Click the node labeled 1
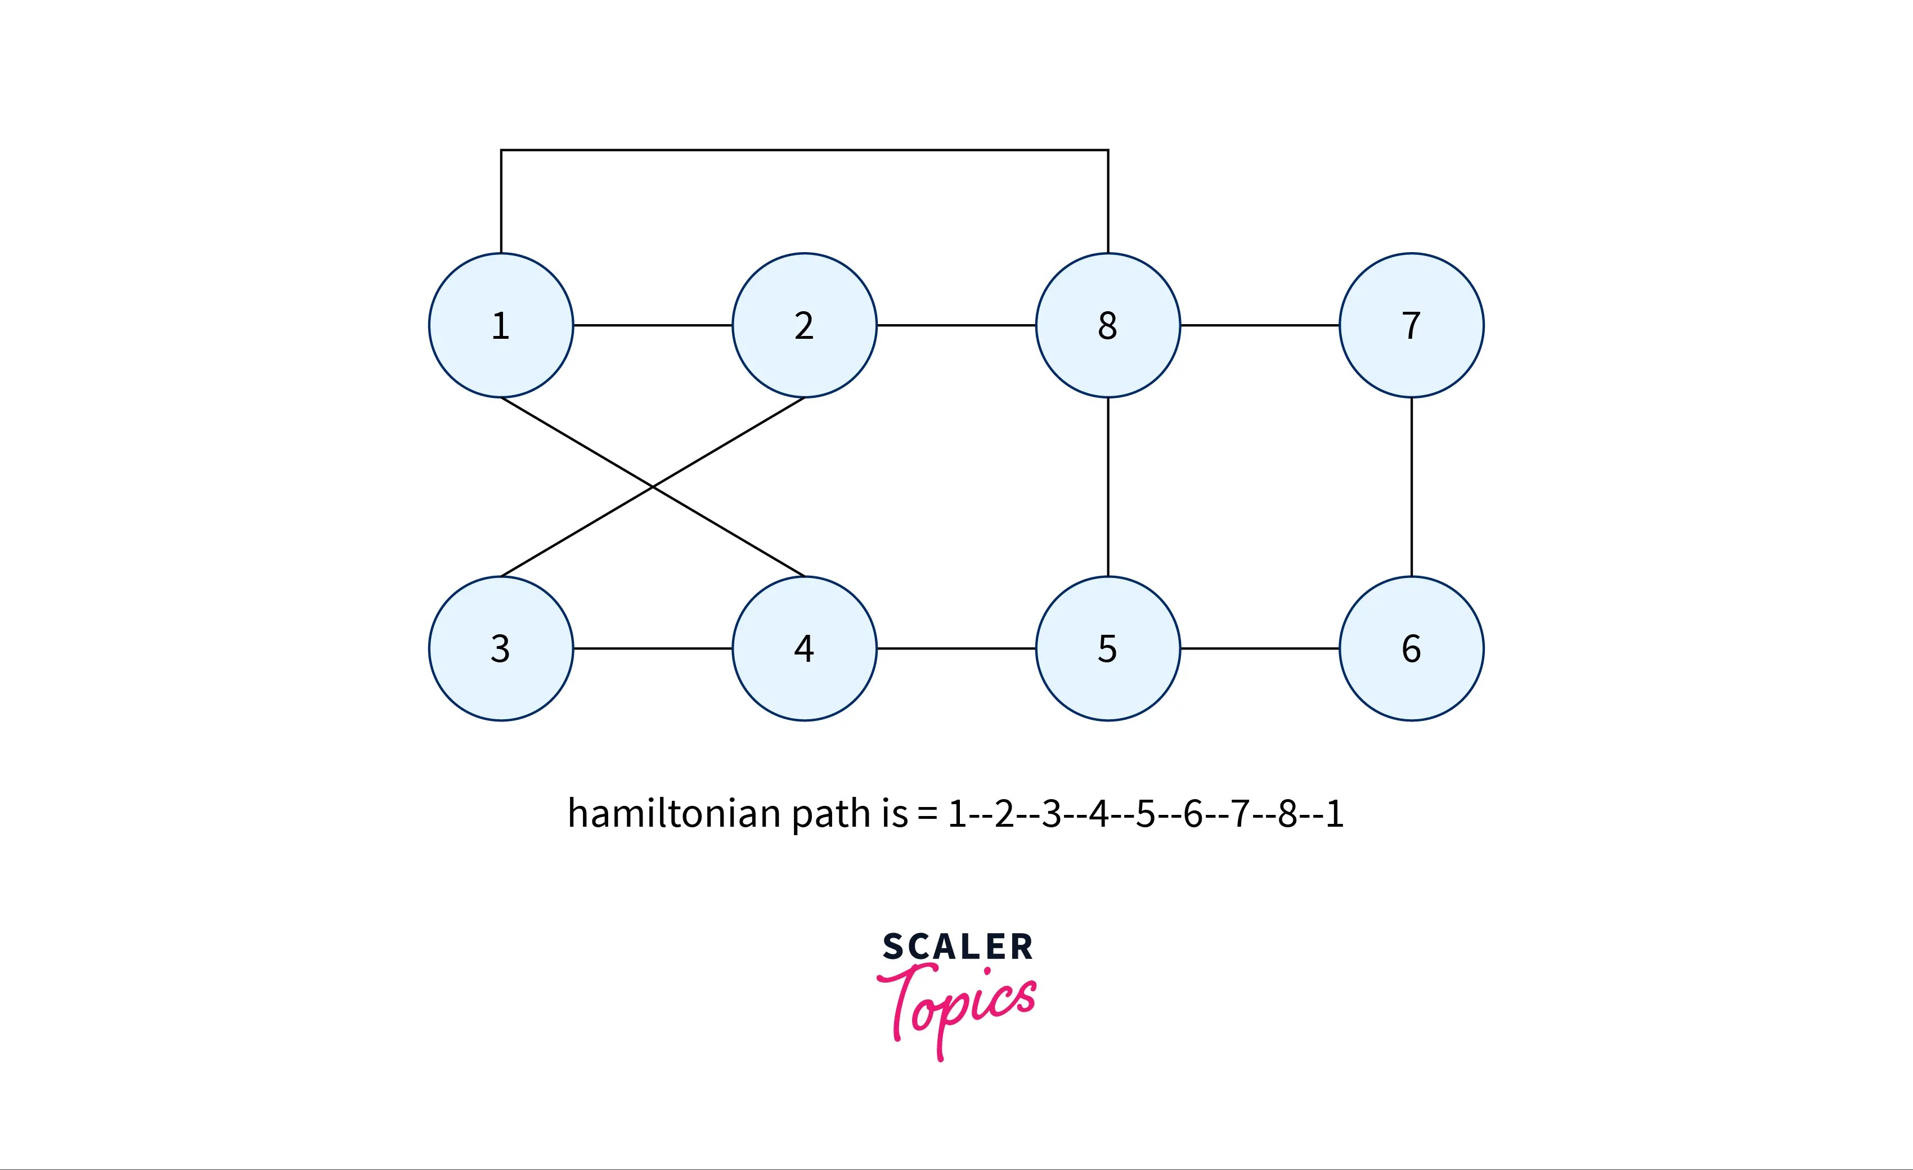click(501, 325)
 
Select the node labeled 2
click(805, 325)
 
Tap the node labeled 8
click(1108, 325)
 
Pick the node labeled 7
click(1412, 325)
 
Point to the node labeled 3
click(501, 648)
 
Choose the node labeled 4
click(805, 648)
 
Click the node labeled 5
click(1108, 648)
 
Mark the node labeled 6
click(1412, 648)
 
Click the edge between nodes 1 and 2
click(653, 325)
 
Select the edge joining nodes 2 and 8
click(956, 325)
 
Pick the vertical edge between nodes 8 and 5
click(1108, 487)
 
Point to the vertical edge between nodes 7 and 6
click(1412, 487)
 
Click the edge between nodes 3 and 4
click(653, 648)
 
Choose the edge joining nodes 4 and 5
click(956, 648)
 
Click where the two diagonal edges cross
click(653, 487)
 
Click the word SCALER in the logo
click(957, 947)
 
